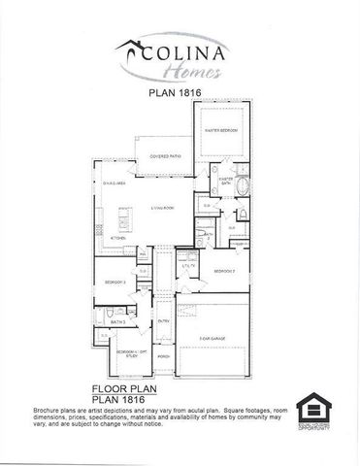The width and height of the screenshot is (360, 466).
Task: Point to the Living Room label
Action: coord(161,209)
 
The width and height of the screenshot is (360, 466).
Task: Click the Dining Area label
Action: coord(115,183)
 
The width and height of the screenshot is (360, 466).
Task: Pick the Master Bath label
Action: coord(226,182)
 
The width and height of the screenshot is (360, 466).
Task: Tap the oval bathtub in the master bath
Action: coord(244,187)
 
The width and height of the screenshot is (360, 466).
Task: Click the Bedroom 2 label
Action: coord(225,270)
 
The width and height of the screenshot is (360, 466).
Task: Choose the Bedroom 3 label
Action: coord(115,282)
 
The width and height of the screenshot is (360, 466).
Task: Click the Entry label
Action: coord(164,321)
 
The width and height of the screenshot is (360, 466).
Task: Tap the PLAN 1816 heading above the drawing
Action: coord(180,94)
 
